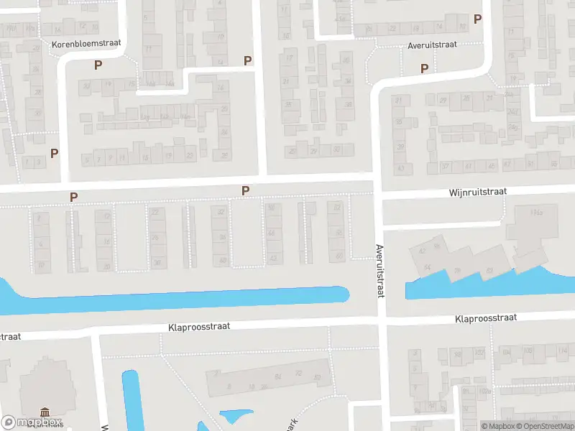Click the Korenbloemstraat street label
[x=86, y=44]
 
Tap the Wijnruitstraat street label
[x=478, y=192]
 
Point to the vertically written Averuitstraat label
[x=380, y=271]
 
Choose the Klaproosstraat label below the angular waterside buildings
[x=486, y=318]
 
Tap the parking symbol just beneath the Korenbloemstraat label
[x=98, y=65]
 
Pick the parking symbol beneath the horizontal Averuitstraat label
[x=424, y=68]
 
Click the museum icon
[x=45, y=412]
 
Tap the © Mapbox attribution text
[x=495, y=426]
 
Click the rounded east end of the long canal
[x=344, y=294]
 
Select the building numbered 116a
[x=535, y=213]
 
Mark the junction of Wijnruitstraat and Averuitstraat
[x=378, y=193]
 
